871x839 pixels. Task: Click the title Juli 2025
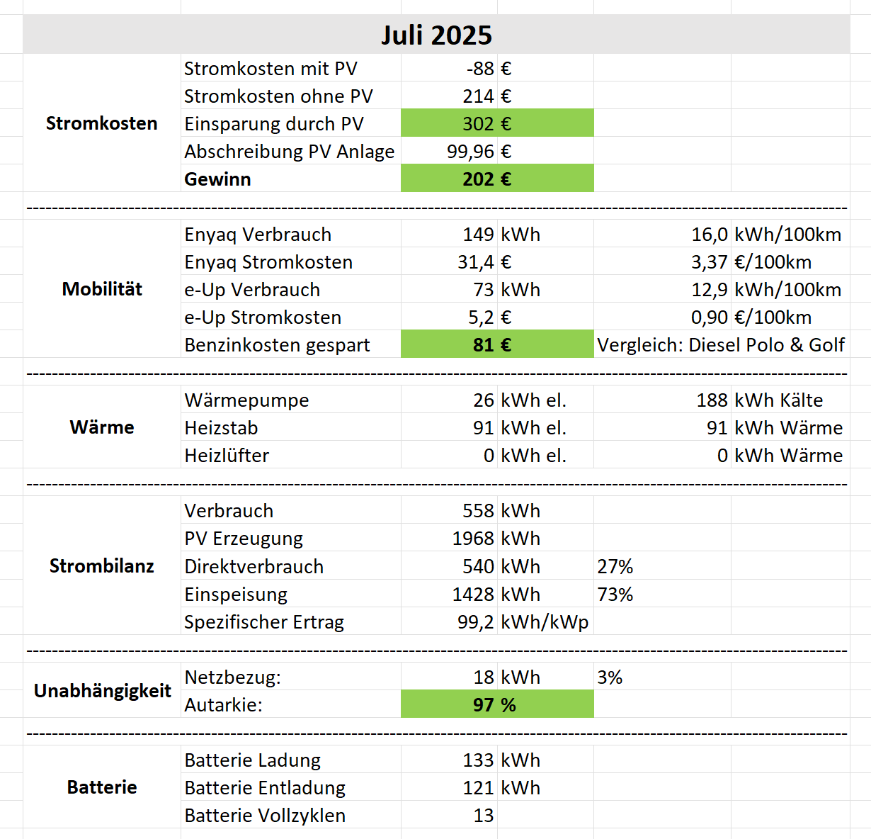pyautogui.click(x=436, y=35)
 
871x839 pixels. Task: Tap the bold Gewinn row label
pyautogui.click(x=217, y=179)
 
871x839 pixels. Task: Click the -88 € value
pyautogui.click(x=481, y=69)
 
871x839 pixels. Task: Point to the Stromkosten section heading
pyautogui.click(x=102, y=123)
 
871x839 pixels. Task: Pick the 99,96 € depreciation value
pyautogui.click(x=471, y=152)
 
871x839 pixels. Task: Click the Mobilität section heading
pyautogui.click(x=102, y=289)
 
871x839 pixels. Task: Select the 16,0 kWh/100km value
pyautogui.click(x=710, y=235)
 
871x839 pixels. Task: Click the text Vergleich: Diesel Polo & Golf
pyautogui.click(x=721, y=345)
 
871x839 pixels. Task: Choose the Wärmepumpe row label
pyautogui.click(x=246, y=400)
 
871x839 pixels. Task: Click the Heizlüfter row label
pyautogui.click(x=227, y=456)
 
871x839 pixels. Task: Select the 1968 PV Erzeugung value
pyautogui.click(x=473, y=539)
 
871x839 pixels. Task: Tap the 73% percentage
pyautogui.click(x=615, y=595)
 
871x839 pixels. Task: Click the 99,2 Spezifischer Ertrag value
pyautogui.click(x=476, y=622)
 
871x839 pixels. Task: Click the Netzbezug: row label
pyautogui.click(x=232, y=677)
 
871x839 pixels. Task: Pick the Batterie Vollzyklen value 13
pyautogui.click(x=484, y=816)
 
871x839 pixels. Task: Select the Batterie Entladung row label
pyautogui.click(x=265, y=788)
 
